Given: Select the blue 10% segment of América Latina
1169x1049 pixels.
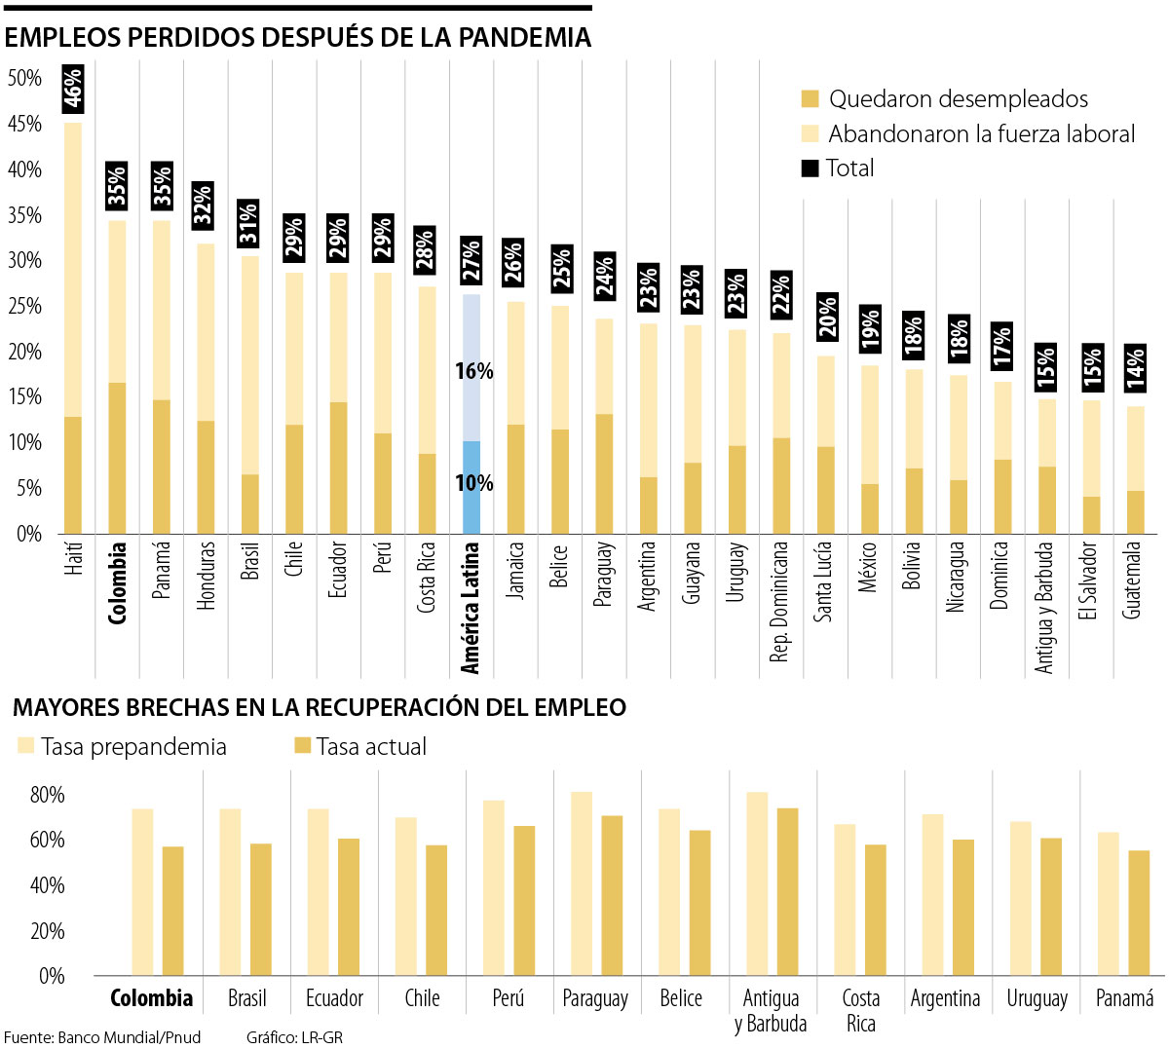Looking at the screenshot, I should [x=471, y=487].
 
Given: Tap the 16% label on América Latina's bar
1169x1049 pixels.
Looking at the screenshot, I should [x=473, y=371].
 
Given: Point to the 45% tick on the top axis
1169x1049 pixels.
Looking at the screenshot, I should [x=25, y=124].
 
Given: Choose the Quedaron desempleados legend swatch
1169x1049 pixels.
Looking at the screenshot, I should [x=810, y=98].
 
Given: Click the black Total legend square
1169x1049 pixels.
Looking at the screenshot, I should [x=810, y=169].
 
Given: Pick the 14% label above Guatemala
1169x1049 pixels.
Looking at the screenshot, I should [x=1135, y=368].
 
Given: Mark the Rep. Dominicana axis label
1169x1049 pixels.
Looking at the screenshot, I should [x=779, y=602].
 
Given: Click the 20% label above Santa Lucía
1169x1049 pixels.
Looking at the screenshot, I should [x=827, y=317].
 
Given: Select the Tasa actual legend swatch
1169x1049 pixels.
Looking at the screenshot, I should [x=302, y=746].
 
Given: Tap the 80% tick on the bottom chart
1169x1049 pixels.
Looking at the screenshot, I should [x=47, y=795].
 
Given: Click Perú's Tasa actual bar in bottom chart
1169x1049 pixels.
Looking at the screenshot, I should [x=524, y=900].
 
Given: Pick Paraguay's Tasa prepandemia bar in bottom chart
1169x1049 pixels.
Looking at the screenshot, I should [x=582, y=882].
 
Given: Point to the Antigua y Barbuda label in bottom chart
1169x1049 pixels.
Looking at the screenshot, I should [x=771, y=1011].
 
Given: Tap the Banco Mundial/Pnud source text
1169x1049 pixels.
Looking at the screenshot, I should [x=129, y=1037].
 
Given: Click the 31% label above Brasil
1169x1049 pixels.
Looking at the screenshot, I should [x=249, y=222].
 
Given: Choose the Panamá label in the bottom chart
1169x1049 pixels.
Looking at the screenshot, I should [x=1124, y=998].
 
